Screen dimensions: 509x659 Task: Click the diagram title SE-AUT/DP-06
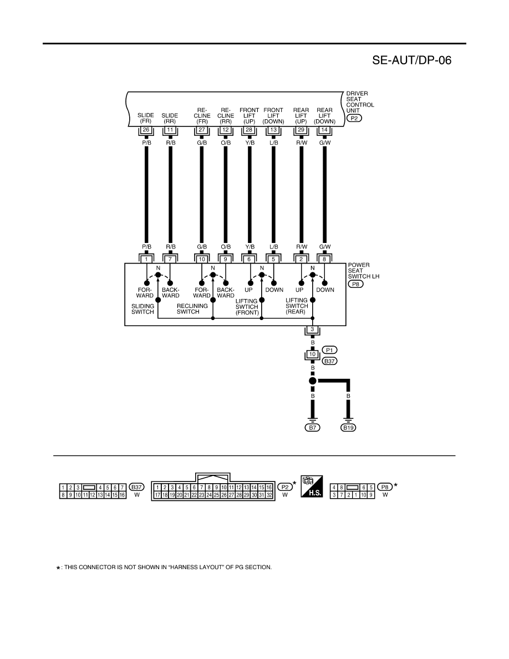tap(411, 60)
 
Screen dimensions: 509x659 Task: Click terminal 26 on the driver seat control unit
tap(146, 130)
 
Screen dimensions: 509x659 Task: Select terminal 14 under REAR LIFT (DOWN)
tap(324, 130)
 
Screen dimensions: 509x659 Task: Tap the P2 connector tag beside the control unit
tap(354, 118)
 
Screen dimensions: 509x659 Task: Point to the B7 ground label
tap(312, 428)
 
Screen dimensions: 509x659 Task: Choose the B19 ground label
tap(348, 428)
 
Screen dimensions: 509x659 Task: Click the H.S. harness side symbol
tap(312, 486)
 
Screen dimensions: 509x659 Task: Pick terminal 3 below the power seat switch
tap(312, 329)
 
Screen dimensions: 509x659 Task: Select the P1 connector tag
tap(330, 350)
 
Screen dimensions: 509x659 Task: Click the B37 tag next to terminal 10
tap(330, 361)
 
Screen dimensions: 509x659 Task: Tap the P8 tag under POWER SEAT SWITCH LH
tap(356, 284)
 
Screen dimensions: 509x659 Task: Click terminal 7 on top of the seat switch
tap(170, 259)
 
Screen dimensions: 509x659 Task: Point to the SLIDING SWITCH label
tap(143, 309)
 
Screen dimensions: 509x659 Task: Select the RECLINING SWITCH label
tap(192, 309)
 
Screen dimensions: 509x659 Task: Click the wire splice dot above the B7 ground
tap(313, 381)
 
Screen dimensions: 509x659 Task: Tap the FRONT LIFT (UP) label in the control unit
tap(249, 115)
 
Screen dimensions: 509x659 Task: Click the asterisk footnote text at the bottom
tap(164, 567)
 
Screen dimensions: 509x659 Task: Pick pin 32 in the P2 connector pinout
tap(269, 495)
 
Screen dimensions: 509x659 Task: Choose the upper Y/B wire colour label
tap(250, 143)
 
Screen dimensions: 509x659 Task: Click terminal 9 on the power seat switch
tap(226, 259)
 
